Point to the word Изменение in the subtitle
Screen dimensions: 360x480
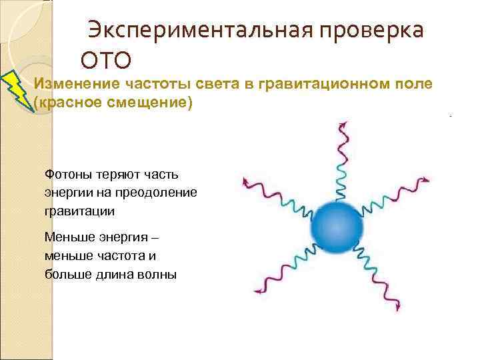(x=75, y=84)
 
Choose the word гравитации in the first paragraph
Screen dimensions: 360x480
(x=79, y=211)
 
